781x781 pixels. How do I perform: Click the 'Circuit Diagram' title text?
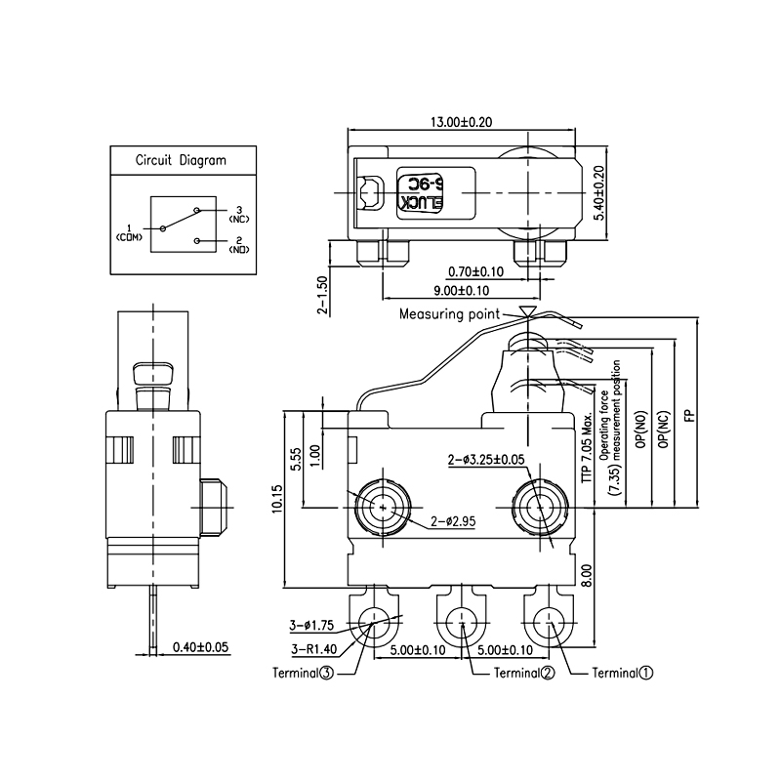(181, 161)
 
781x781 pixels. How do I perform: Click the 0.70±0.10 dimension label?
(475, 271)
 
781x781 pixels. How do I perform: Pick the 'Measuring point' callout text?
(449, 314)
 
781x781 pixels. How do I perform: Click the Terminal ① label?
(623, 673)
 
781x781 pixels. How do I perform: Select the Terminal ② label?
(524, 673)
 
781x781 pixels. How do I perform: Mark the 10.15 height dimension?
(277, 501)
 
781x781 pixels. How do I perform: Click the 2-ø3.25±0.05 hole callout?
(499, 459)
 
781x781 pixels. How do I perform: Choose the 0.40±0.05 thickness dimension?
(199, 646)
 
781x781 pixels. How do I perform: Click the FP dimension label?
(689, 414)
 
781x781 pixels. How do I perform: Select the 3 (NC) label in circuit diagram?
(238, 214)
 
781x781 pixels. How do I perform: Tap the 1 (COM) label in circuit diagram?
(128, 231)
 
